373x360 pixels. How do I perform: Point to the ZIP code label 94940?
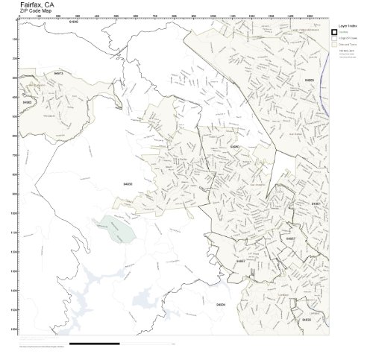click(x=72, y=22)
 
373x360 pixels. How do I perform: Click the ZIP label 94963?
click(x=28, y=102)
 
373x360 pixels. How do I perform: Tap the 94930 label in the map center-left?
click(x=128, y=183)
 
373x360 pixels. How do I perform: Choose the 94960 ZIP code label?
click(x=235, y=147)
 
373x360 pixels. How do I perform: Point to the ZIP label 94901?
click(x=316, y=203)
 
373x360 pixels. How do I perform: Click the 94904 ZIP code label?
click(x=221, y=305)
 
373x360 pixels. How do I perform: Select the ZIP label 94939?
click(x=307, y=319)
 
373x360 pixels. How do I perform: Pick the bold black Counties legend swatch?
click(x=335, y=31)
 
